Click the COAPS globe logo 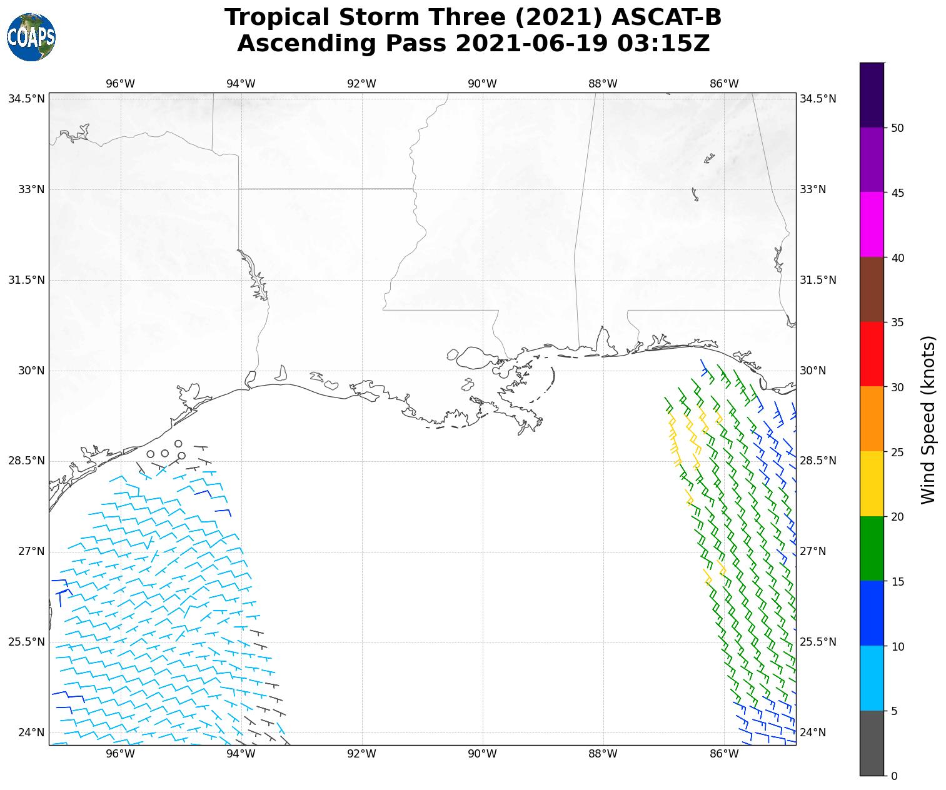tap(31, 37)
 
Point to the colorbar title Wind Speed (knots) tap(929, 419)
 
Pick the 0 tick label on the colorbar tap(893, 776)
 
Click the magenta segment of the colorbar tap(872, 224)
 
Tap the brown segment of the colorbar tap(872, 289)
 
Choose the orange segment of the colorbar tap(872, 419)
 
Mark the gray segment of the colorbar tap(872, 743)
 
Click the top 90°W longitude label tap(482, 84)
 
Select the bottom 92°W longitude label tap(361, 754)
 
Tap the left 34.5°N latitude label tap(26, 99)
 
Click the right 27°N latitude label tap(813, 551)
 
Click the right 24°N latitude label tap(813, 732)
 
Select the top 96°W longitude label tap(120, 84)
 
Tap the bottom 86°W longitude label tap(724, 754)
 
